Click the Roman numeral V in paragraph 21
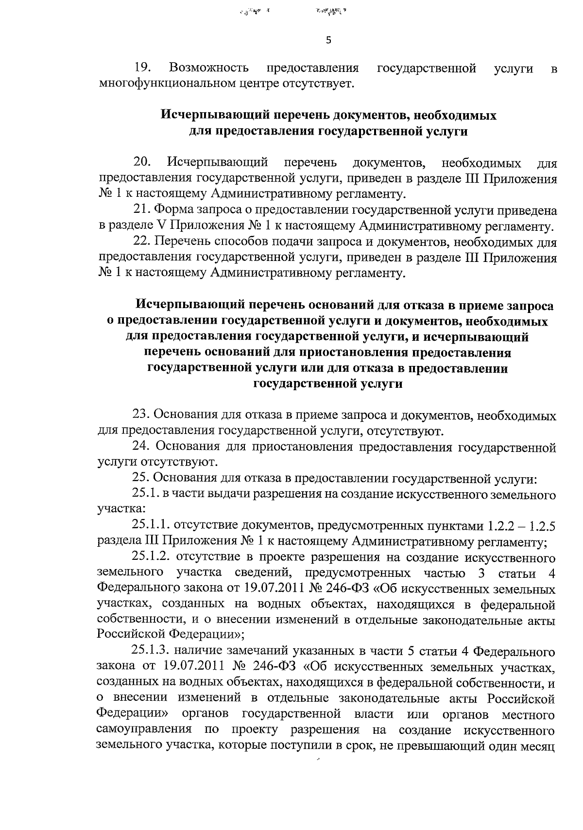point(162,226)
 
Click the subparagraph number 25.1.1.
point(151,526)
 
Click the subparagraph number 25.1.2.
point(151,557)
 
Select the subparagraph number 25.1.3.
point(151,650)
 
